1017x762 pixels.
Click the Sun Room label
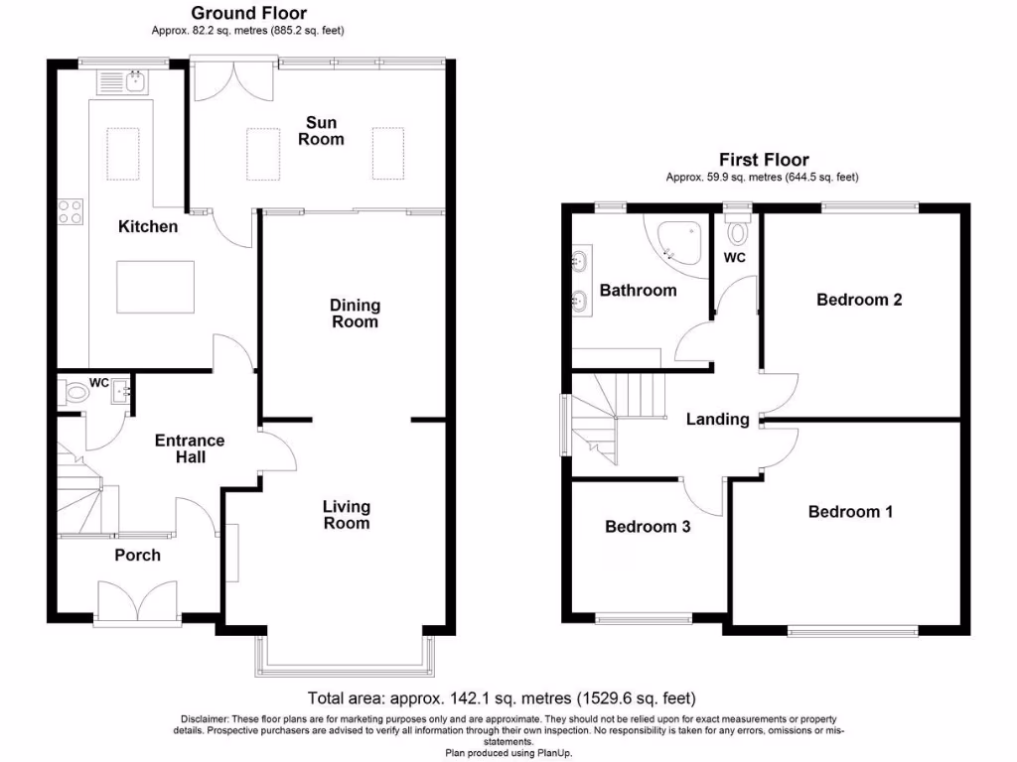click(321, 131)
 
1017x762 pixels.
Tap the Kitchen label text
click(148, 227)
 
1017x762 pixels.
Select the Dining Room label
click(355, 314)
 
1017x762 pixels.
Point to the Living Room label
click(346, 515)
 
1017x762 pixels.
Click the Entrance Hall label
click(190, 448)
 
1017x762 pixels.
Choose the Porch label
click(137, 555)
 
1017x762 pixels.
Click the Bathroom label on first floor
click(638, 291)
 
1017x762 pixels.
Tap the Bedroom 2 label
click(859, 300)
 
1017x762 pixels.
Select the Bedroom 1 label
click(850, 512)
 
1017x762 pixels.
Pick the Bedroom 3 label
click(648, 527)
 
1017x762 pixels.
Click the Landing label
click(717, 420)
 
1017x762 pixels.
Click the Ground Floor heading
click(248, 14)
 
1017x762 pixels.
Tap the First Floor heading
click(764, 160)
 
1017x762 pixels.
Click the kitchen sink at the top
click(123, 81)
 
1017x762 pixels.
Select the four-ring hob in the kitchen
click(71, 211)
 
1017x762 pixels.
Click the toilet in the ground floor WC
click(73, 394)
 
